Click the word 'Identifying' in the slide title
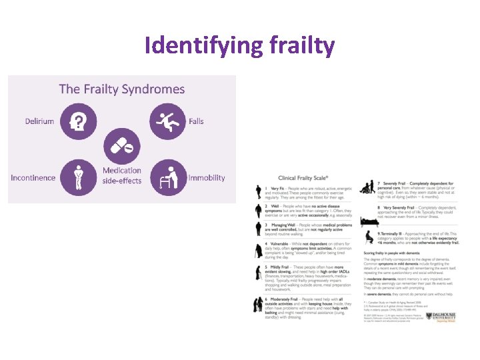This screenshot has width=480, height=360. pyautogui.click(x=193, y=45)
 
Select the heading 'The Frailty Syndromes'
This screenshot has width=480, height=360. pyautogui.click(x=122, y=89)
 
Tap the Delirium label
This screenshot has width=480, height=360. pyautogui.click(x=40, y=121)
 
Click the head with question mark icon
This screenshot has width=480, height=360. pyautogui.click(x=79, y=121)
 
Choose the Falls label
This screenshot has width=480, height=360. pyautogui.click(x=196, y=121)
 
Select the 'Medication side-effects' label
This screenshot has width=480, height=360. pyautogui.click(x=122, y=175)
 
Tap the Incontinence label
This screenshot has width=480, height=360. pyautogui.click(x=33, y=178)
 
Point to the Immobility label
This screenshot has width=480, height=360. pyautogui.click(x=207, y=178)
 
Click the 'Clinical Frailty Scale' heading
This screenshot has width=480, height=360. pyautogui.click(x=304, y=178)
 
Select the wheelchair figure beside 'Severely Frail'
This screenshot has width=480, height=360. pyautogui.click(x=367, y=189)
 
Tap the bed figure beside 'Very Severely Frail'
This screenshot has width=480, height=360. pyautogui.click(x=367, y=213)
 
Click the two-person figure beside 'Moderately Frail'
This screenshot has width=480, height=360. pyautogui.click(x=259, y=305)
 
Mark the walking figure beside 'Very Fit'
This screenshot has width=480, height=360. pyautogui.click(x=259, y=192)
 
